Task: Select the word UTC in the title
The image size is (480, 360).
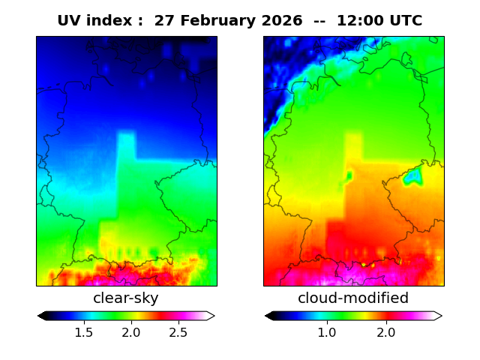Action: tap(405, 21)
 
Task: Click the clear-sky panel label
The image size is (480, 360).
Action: tap(126, 298)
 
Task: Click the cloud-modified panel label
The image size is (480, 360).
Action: tap(353, 298)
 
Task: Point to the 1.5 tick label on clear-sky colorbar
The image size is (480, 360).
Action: tap(84, 332)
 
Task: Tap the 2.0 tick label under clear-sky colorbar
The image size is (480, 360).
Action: tap(131, 332)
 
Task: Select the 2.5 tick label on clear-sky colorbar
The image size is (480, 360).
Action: tap(178, 332)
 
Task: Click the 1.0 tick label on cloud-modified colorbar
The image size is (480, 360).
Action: tap(326, 332)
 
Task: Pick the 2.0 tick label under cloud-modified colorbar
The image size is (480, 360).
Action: tap(386, 332)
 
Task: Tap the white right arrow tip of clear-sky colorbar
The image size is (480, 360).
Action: tap(211, 316)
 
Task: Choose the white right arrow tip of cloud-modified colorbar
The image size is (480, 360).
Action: tap(439, 316)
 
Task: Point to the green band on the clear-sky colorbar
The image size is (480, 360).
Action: tap(120, 316)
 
